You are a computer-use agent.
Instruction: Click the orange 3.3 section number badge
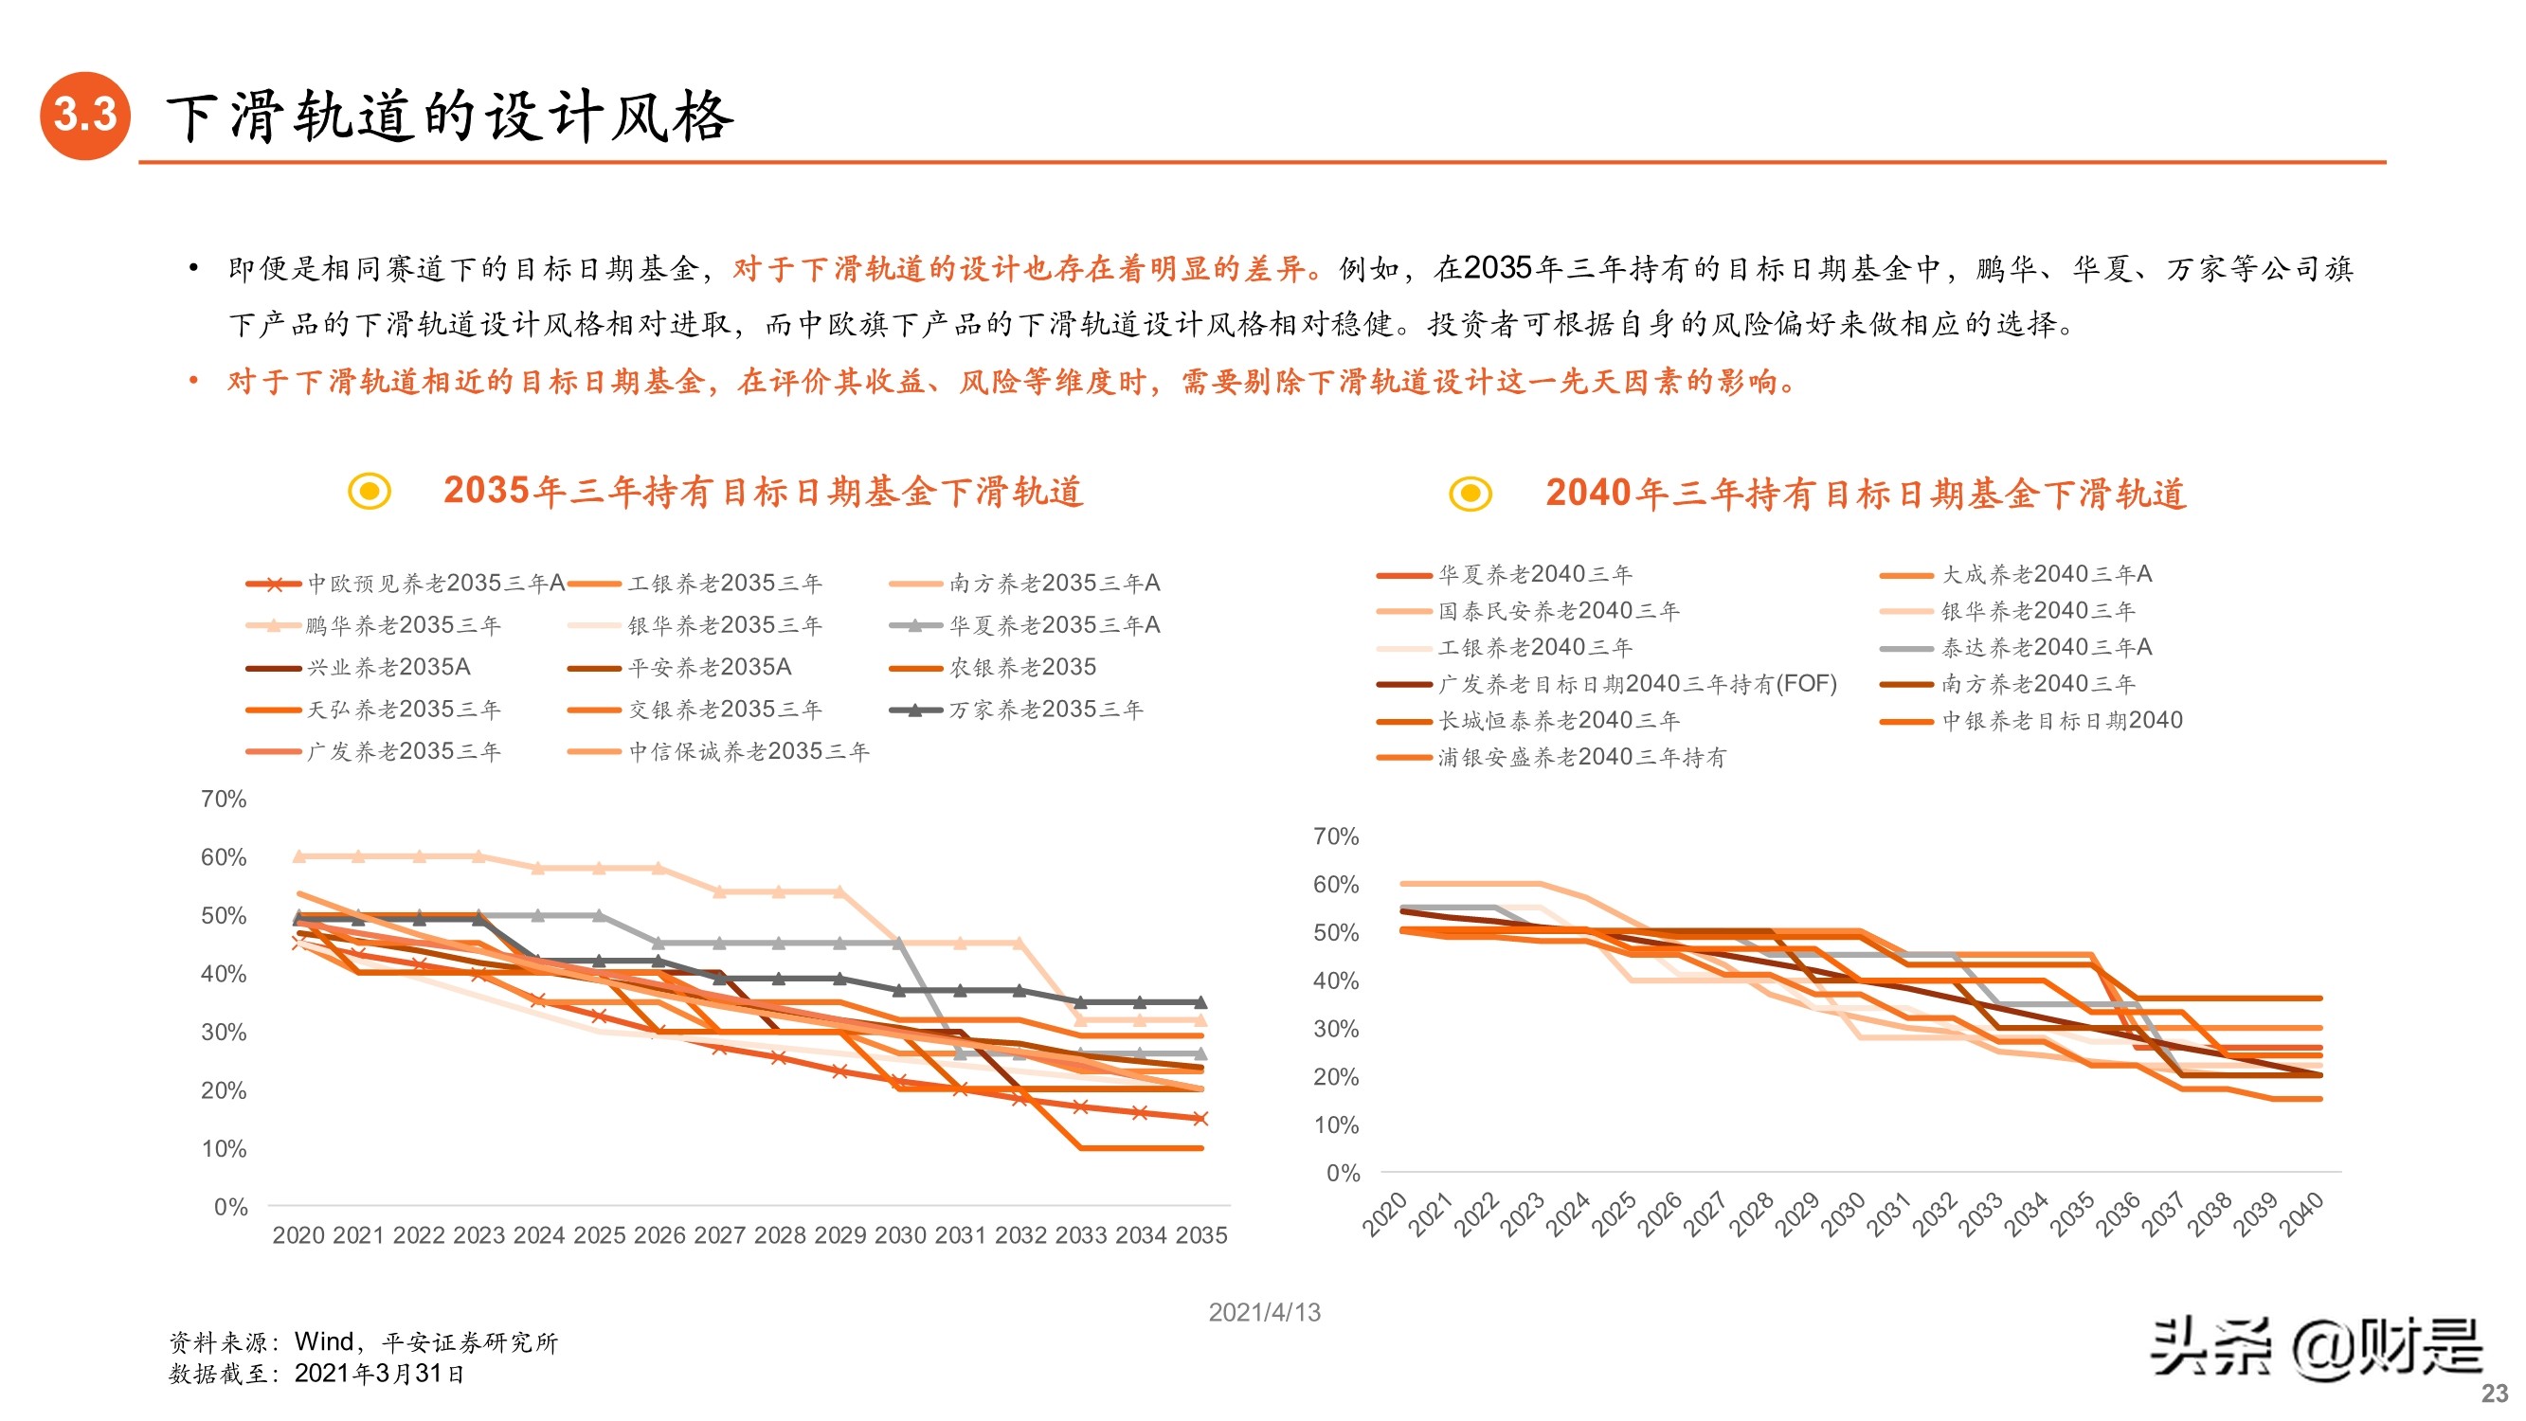(x=85, y=115)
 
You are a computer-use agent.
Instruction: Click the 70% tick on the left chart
(x=224, y=800)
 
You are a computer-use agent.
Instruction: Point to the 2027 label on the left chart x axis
(x=720, y=1234)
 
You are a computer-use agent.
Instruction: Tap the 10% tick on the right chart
(x=1336, y=1124)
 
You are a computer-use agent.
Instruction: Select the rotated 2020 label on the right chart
(x=1384, y=1214)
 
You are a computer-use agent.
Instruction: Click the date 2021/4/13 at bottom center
(x=1264, y=1312)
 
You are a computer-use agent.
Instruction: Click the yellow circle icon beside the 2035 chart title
(x=370, y=491)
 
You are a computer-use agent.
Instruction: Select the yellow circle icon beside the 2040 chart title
(x=1470, y=494)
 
